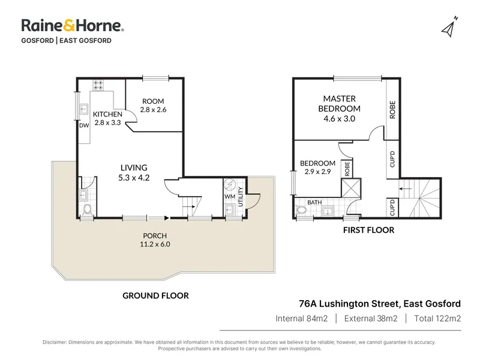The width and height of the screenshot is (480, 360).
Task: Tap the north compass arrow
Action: click(x=449, y=27)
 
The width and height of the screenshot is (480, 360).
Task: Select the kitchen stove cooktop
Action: click(x=98, y=85)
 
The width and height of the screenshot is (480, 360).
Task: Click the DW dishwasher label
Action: click(x=84, y=125)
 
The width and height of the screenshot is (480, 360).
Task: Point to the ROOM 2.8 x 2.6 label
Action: click(x=153, y=106)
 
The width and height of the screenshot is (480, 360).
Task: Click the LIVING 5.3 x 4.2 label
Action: click(x=134, y=172)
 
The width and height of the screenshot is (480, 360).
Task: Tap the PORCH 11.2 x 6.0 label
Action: click(x=155, y=239)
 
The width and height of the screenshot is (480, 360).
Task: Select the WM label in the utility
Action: click(x=230, y=196)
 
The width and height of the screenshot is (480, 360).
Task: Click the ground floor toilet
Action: click(x=87, y=210)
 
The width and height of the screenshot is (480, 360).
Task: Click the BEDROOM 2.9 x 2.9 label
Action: click(x=317, y=167)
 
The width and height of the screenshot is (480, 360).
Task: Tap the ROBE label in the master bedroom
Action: click(x=392, y=110)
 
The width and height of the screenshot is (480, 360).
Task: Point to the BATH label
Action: click(x=314, y=202)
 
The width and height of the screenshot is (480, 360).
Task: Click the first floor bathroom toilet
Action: click(x=301, y=211)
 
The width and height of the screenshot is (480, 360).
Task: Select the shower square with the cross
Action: click(x=351, y=188)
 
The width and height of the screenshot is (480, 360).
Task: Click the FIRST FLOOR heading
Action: click(x=368, y=230)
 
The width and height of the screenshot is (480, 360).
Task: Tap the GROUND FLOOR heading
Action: click(x=155, y=295)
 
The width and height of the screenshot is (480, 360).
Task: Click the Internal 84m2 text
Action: click(x=302, y=319)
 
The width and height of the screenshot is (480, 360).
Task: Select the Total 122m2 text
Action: click(x=437, y=319)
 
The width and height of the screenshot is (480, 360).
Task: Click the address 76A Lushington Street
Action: click(x=349, y=304)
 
